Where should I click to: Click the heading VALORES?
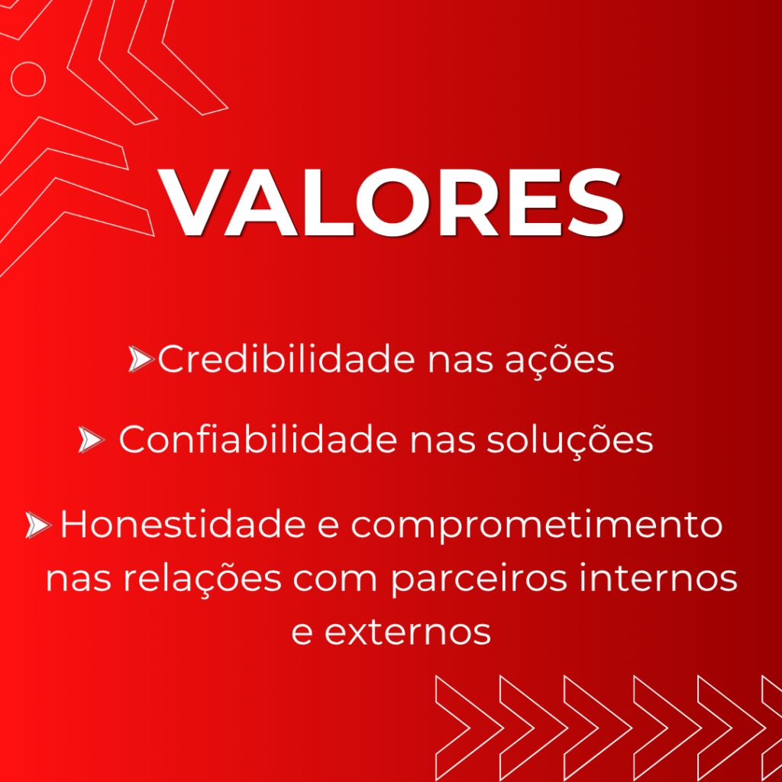tap(390, 202)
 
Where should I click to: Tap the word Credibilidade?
tap(286, 359)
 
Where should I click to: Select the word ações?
tap(560, 360)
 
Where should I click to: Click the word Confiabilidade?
tap(258, 439)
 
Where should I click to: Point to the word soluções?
tap(570, 441)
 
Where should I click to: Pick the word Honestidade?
tap(183, 524)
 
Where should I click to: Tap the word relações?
tap(202, 579)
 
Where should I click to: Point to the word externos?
tap(408, 633)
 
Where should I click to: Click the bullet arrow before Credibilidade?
tap(141, 359)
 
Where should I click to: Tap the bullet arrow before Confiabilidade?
tap(92, 439)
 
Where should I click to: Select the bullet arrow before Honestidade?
tap(38, 525)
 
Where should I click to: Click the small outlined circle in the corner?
tap(28, 62)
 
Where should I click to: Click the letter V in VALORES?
tap(193, 202)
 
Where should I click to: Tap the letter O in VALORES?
tap(393, 202)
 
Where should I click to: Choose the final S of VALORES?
tap(596, 202)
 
